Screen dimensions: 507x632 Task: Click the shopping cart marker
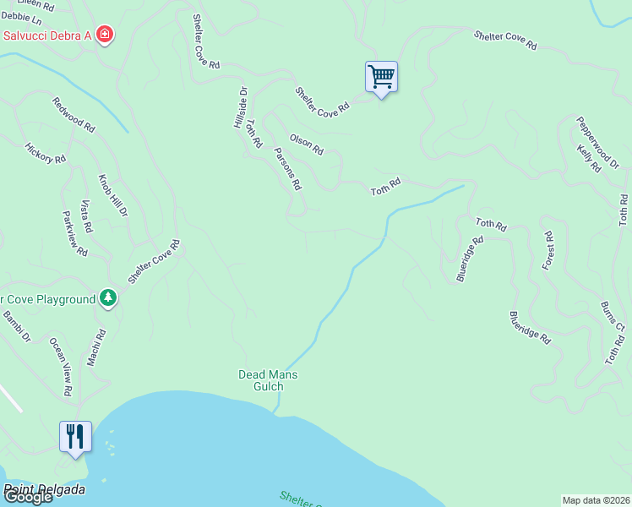click(381, 78)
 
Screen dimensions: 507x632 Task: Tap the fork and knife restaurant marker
click(75, 437)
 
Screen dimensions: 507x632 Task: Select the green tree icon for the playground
click(107, 297)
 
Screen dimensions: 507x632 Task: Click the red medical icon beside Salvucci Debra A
click(105, 35)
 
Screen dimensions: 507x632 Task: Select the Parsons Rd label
click(288, 169)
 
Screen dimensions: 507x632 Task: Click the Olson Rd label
click(307, 144)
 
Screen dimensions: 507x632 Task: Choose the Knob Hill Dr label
click(112, 197)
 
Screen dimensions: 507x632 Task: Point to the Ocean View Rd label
click(60, 367)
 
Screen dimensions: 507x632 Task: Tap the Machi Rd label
click(95, 347)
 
